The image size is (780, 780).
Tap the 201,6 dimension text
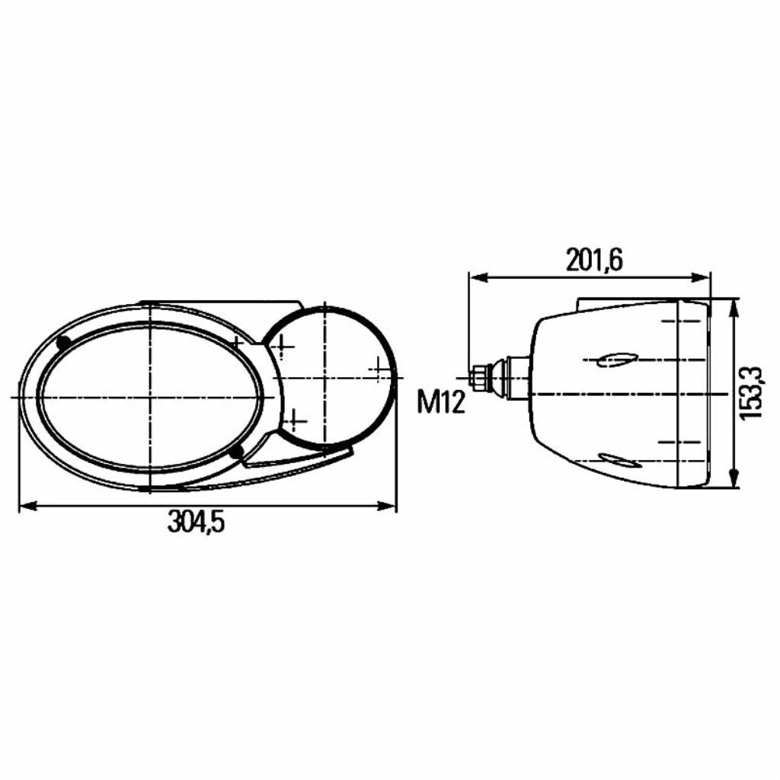(x=594, y=261)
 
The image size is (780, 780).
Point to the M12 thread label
(x=441, y=402)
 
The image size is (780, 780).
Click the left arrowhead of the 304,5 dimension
(x=28, y=506)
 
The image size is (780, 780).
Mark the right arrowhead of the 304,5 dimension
(x=387, y=506)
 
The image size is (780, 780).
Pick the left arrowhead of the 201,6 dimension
(x=478, y=277)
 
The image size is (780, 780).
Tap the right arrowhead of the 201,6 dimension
(x=701, y=277)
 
